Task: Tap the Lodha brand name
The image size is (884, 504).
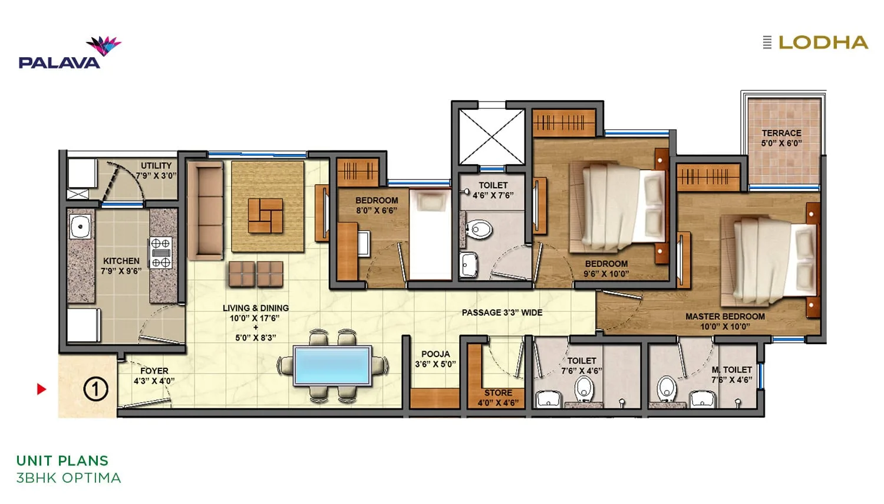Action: point(823,42)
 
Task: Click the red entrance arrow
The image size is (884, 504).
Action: point(41,389)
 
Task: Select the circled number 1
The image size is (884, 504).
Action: point(95,389)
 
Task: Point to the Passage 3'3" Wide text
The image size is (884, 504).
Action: point(502,312)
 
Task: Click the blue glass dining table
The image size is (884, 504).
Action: point(333,366)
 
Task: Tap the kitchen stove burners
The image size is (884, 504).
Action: point(161,253)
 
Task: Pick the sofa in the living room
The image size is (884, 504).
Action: point(205,211)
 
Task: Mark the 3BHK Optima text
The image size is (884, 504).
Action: point(68,477)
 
